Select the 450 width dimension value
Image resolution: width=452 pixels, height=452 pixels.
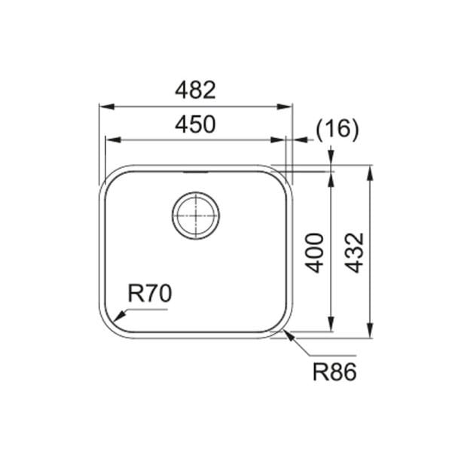click(195, 125)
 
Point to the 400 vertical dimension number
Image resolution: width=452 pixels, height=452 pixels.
click(316, 252)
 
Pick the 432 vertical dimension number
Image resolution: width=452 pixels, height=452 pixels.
click(355, 252)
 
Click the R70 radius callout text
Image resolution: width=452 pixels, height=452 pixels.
click(151, 294)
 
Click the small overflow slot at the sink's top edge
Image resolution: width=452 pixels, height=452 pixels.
click(197, 172)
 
